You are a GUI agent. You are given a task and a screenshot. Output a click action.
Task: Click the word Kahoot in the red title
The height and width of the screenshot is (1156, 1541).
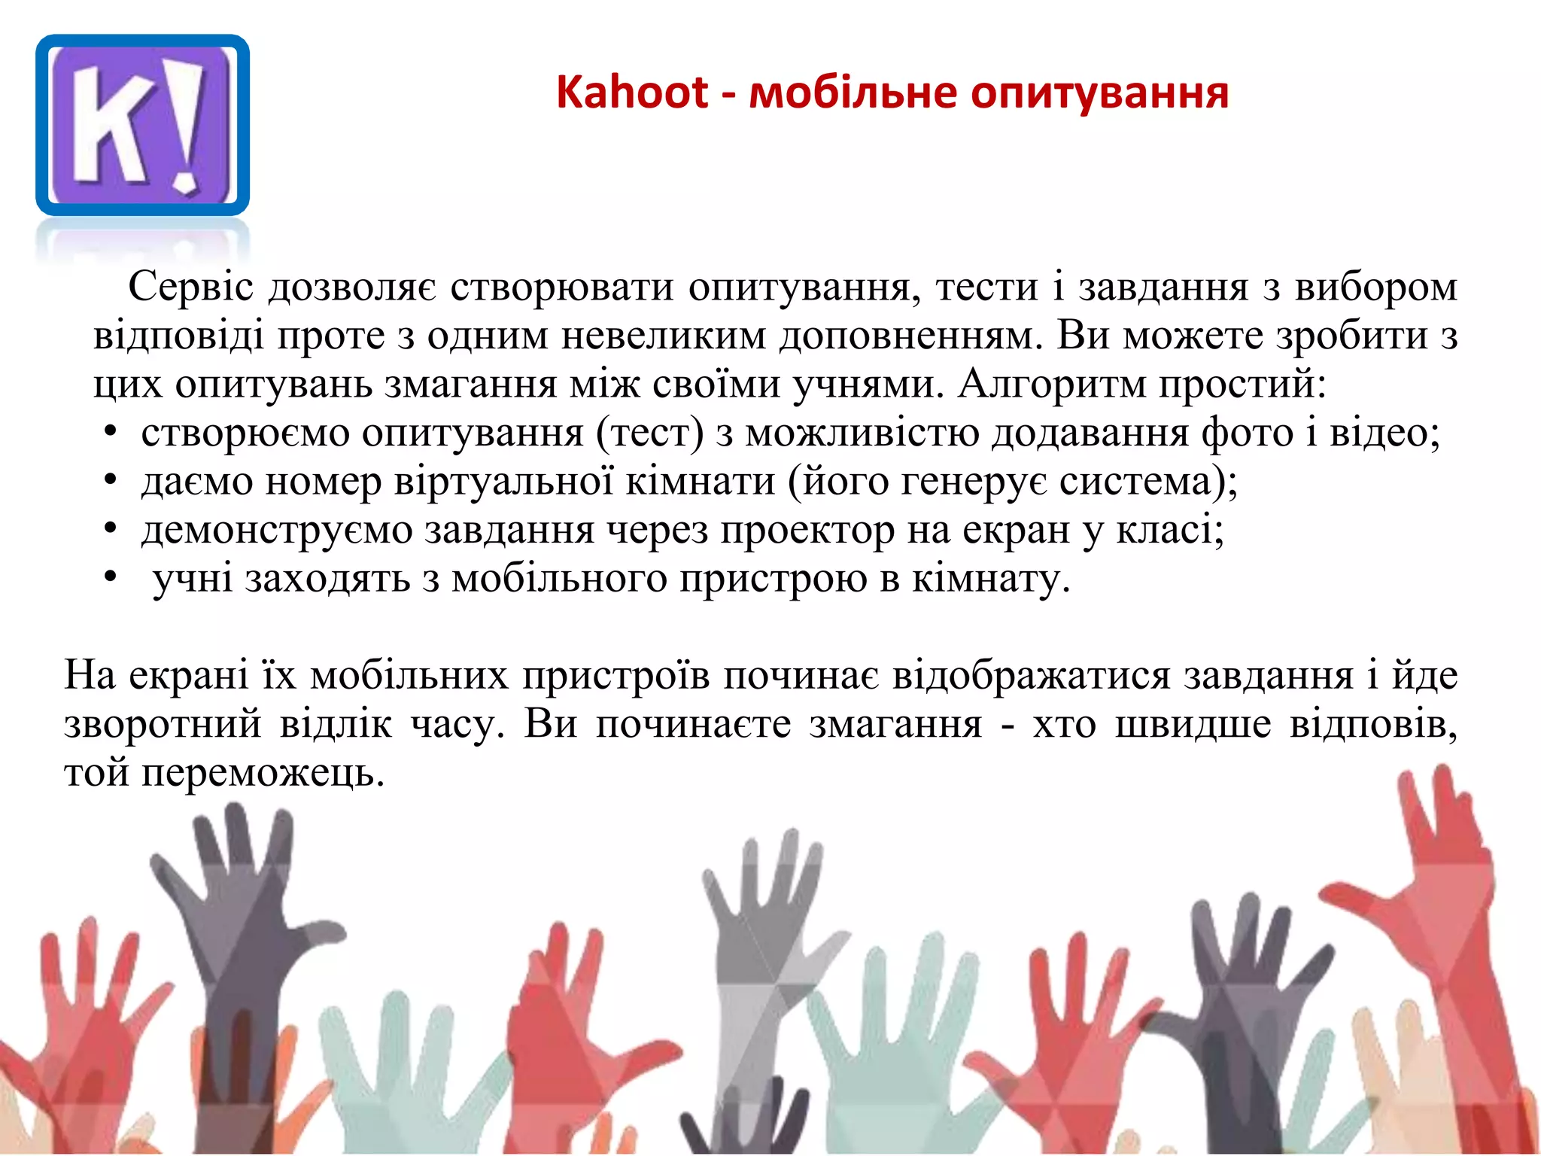(x=631, y=93)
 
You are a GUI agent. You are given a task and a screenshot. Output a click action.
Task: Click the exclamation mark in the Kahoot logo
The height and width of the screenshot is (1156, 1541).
(x=187, y=124)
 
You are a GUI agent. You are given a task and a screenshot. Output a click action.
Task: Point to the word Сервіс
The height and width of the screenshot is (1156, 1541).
(x=191, y=287)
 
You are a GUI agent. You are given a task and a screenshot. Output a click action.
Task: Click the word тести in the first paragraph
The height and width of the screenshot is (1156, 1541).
(x=986, y=287)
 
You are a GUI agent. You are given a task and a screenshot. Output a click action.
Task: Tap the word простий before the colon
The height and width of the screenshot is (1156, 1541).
(x=1237, y=385)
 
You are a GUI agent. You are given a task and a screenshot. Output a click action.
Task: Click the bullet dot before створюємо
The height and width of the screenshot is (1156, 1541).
(x=110, y=433)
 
